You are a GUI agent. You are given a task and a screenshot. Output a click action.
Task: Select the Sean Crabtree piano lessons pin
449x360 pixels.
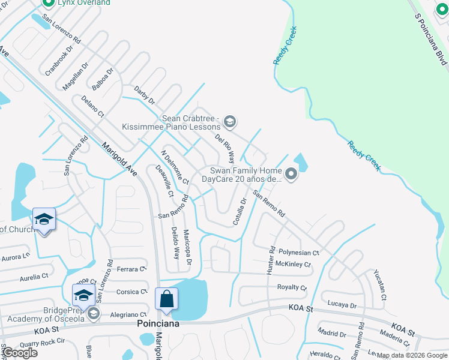[229, 123]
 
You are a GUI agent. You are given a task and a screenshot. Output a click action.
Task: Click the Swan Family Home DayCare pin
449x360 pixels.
[291, 175]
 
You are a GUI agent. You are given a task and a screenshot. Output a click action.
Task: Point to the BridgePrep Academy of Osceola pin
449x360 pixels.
[92, 314]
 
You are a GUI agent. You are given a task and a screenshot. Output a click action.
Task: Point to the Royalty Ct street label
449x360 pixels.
[292, 287]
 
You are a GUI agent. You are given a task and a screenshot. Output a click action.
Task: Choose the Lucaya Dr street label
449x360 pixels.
[342, 305]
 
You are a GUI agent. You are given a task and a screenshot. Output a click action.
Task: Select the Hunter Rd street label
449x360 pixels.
[270, 260]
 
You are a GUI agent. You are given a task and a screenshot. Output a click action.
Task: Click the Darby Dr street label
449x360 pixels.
[144, 94]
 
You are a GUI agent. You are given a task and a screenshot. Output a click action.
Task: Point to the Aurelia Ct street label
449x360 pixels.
[34, 277]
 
